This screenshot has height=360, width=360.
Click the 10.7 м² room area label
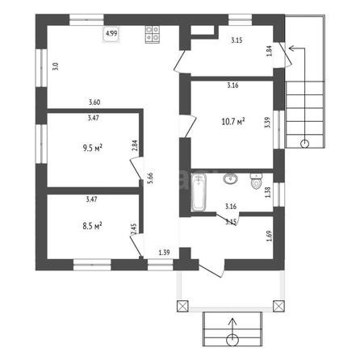pyautogui.click(x=233, y=122)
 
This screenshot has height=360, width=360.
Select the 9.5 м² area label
pyautogui.click(x=93, y=148)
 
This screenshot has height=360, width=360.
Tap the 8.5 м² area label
pyautogui.click(x=92, y=226)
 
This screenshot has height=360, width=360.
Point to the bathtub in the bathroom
pyautogui.click(x=199, y=191)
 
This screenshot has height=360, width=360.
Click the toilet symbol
pyautogui.click(x=256, y=181)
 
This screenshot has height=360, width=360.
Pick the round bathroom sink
pyautogui.click(x=230, y=178)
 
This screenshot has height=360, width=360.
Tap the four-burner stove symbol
pyautogui.click(x=153, y=34)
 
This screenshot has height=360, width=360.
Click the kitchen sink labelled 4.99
pyautogui.click(x=111, y=34)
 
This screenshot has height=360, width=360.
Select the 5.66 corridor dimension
pyautogui.click(x=150, y=178)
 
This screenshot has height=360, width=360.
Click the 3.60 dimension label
pyautogui.click(x=94, y=103)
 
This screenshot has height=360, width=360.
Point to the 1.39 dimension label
pyautogui.click(x=164, y=253)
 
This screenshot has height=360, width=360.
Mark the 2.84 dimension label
pyautogui.click(x=135, y=145)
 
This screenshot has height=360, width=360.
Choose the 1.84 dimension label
pyautogui.click(x=270, y=51)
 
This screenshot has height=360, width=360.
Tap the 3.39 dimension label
pyautogui.click(x=267, y=123)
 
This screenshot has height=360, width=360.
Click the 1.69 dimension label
pyautogui.click(x=269, y=236)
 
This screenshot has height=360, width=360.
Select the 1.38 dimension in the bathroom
pyautogui.click(x=268, y=192)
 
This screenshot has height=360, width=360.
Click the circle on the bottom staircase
pyautogui.click(x=232, y=340)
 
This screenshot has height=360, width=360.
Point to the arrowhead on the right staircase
pyautogui.click(x=291, y=48)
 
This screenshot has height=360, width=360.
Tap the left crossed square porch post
pyautogui.click(x=182, y=306)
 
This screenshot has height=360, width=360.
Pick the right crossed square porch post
pyautogui.click(x=278, y=306)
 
